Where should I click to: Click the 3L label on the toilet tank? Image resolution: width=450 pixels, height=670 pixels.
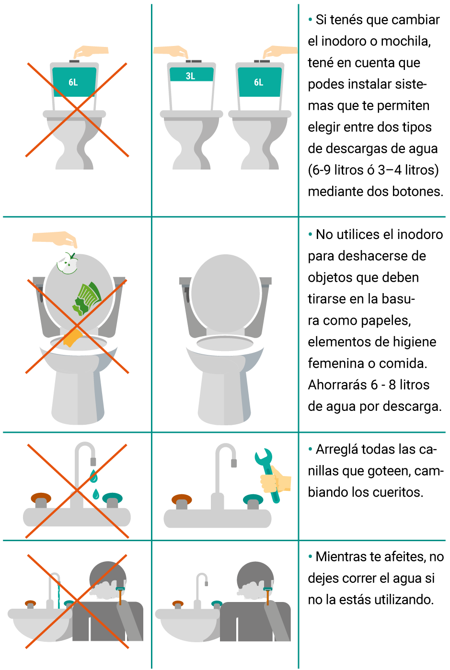tap(190, 76)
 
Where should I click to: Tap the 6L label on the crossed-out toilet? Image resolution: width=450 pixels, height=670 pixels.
tap(73, 82)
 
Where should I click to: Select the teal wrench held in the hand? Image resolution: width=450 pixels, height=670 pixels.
tap(268, 475)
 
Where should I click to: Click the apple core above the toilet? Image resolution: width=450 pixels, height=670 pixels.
tap(68, 263)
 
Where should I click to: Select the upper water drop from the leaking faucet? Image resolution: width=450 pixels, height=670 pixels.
tap(93, 476)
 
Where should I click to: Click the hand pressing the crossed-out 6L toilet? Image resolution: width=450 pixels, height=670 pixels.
tap(91, 52)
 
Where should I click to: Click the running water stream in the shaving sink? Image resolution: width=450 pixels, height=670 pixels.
tap(58, 595)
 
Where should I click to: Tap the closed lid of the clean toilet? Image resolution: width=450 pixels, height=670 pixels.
tap(225, 293)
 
